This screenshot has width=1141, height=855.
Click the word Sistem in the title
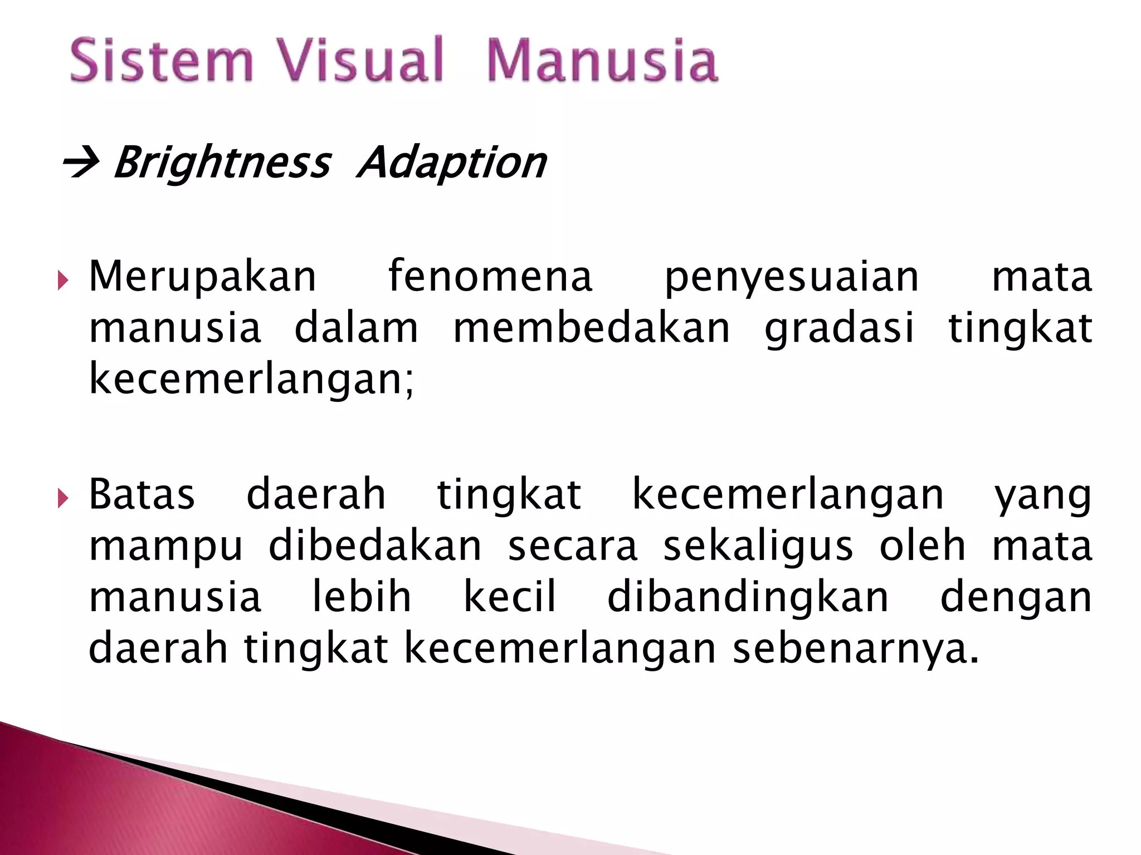[x=162, y=60]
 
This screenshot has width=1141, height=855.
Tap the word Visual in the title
[x=361, y=60]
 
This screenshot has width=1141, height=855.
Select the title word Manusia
[x=602, y=60]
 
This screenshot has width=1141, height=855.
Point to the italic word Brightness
[x=222, y=163]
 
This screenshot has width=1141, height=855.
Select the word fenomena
[x=490, y=276]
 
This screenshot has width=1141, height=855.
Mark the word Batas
[x=142, y=494]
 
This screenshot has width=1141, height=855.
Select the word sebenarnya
[x=856, y=649]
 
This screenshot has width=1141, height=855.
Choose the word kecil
[x=510, y=597]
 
